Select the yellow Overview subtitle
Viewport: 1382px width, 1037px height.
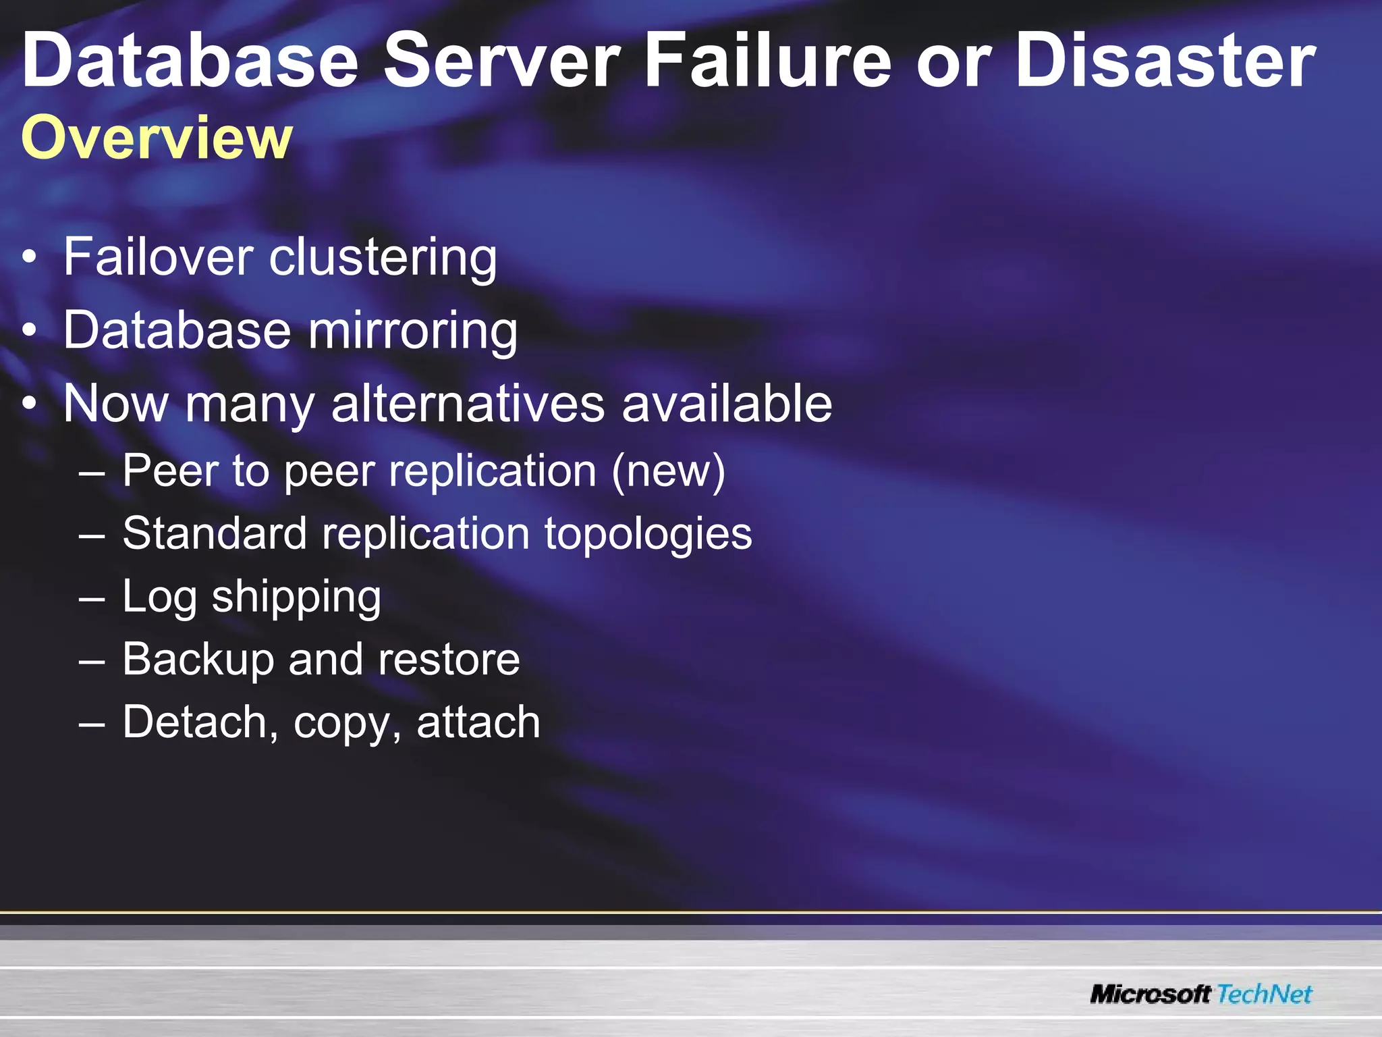[x=157, y=138]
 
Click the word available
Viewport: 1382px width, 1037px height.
[x=727, y=404]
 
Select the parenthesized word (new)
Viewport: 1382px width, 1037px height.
[x=668, y=471]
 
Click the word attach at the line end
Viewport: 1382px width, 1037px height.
[x=478, y=722]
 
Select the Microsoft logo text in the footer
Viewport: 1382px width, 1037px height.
[x=1150, y=994]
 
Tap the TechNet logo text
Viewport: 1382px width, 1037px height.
[x=1265, y=994]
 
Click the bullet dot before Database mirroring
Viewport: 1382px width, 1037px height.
[x=29, y=330]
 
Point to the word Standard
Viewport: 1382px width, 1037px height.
[x=215, y=533]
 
